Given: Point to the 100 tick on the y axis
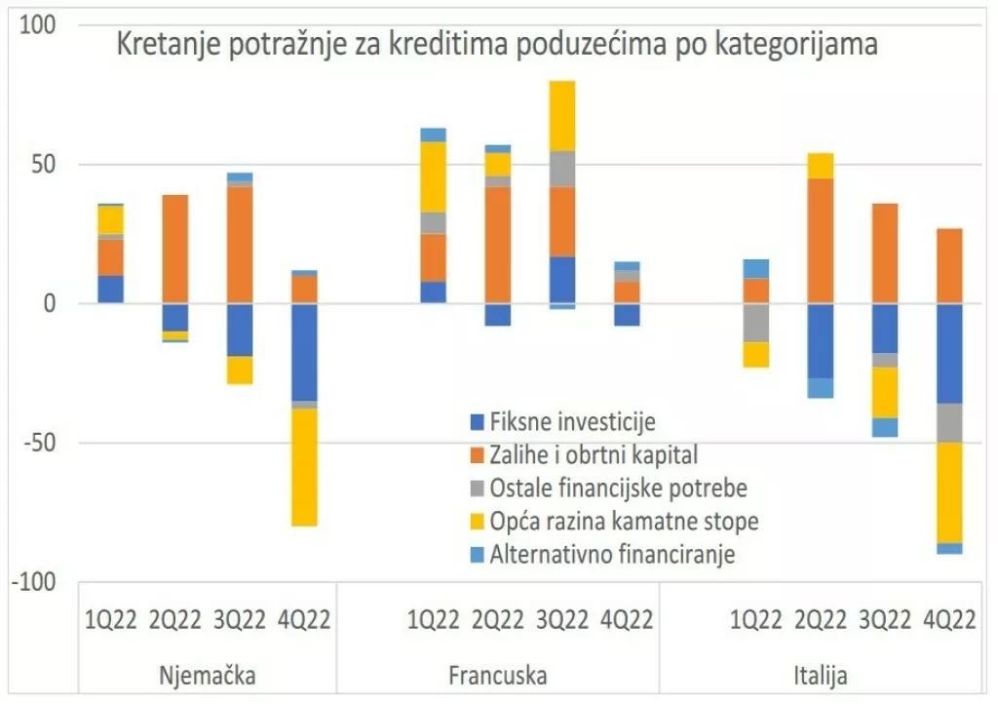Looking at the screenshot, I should point(40,24).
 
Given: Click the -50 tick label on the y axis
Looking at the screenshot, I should point(40,444).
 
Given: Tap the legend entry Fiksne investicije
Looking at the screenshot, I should point(572,422).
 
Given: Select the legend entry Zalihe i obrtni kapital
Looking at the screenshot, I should point(594,454).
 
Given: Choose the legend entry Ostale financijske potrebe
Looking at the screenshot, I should point(618,488).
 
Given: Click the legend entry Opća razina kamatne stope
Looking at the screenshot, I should point(624,521).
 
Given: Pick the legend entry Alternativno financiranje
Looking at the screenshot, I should point(612,555).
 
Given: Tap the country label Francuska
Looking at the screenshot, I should point(498,675).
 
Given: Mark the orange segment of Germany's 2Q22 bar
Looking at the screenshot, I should point(175,249).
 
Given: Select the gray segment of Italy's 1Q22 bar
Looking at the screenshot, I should point(756,323).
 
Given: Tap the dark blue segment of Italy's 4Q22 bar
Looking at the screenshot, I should point(949,353).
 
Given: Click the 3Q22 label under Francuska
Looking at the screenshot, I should point(561,620).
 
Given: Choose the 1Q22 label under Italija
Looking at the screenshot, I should point(756,620).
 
